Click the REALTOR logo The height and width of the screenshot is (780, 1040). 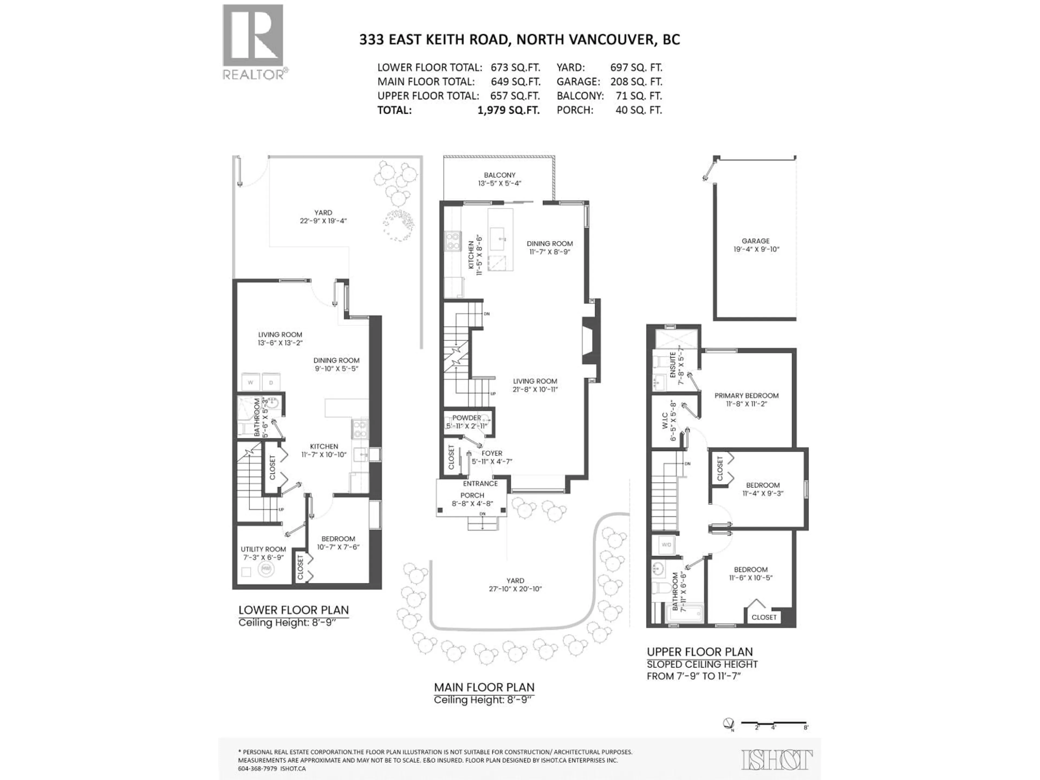pyautogui.click(x=253, y=42)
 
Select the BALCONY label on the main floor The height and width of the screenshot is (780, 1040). pyautogui.click(x=499, y=175)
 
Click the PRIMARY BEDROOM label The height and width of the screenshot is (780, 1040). pyautogui.click(x=746, y=395)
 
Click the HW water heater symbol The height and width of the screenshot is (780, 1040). pyautogui.click(x=266, y=568)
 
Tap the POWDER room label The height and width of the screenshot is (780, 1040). pyautogui.click(x=466, y=418)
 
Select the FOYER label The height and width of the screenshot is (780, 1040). pyautogui.click(x=492, y=453)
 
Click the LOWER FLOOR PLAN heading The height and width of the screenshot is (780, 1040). pyautogui.click(x=293, y=610)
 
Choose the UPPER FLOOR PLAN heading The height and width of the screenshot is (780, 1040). pyautogui.click(x=700, y=652)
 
